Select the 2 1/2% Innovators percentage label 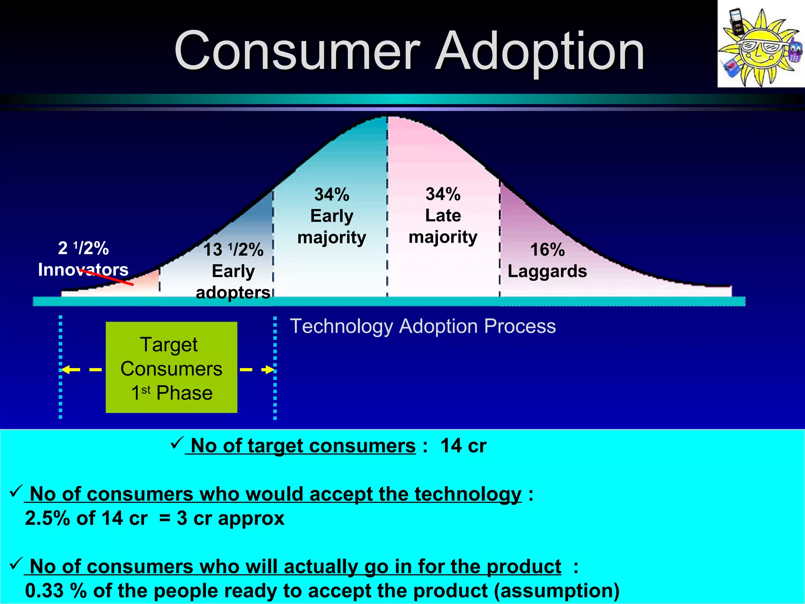[x=83, y=249]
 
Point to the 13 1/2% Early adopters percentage [x=233, y=250]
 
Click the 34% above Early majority [x=332, y=195]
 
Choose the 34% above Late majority [x=443, y=194]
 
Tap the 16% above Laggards [x=547, y=250]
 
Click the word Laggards [x=547, y=271]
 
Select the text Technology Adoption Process [x=423, y=326]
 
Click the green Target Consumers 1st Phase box [x=171, y=368]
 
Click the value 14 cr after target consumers [x=463, y=446]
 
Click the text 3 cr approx [x=230, y=518]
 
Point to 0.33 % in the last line [x=55, y=591]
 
